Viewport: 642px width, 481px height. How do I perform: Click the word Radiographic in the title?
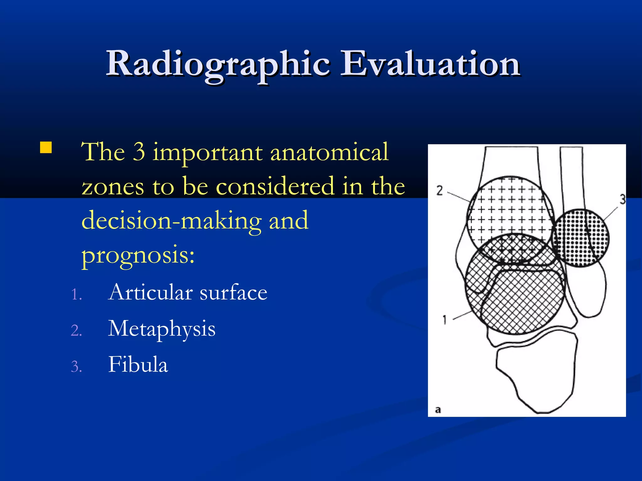tap(218, 64)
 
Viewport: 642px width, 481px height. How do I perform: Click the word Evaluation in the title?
tap(430, 64)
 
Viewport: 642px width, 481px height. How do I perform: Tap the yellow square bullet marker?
tap(46, 147)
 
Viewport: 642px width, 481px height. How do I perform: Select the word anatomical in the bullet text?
tap(329, 152)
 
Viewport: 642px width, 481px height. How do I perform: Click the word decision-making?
tap(171, 220)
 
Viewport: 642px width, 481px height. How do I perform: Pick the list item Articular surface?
tap(187, 292)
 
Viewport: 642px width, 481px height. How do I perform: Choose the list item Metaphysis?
tap(161, 329)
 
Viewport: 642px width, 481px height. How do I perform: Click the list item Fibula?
tap(138, 365)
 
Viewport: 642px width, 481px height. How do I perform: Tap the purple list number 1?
tap(76, 295)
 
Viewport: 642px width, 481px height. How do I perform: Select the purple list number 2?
tap(76, 331)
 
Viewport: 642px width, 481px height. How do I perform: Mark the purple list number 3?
tap(76, 367)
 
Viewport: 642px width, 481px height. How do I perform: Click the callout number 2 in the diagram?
tap(439, 190)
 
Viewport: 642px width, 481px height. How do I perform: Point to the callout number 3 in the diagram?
tap(622, 199)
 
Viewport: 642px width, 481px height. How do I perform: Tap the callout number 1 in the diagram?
tap(444, 320)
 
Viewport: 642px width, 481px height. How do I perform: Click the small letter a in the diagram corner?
tap(438, 410)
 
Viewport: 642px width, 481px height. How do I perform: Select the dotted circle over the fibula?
tap(580, 238)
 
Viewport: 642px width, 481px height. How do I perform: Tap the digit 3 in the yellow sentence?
tap(139, 152)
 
